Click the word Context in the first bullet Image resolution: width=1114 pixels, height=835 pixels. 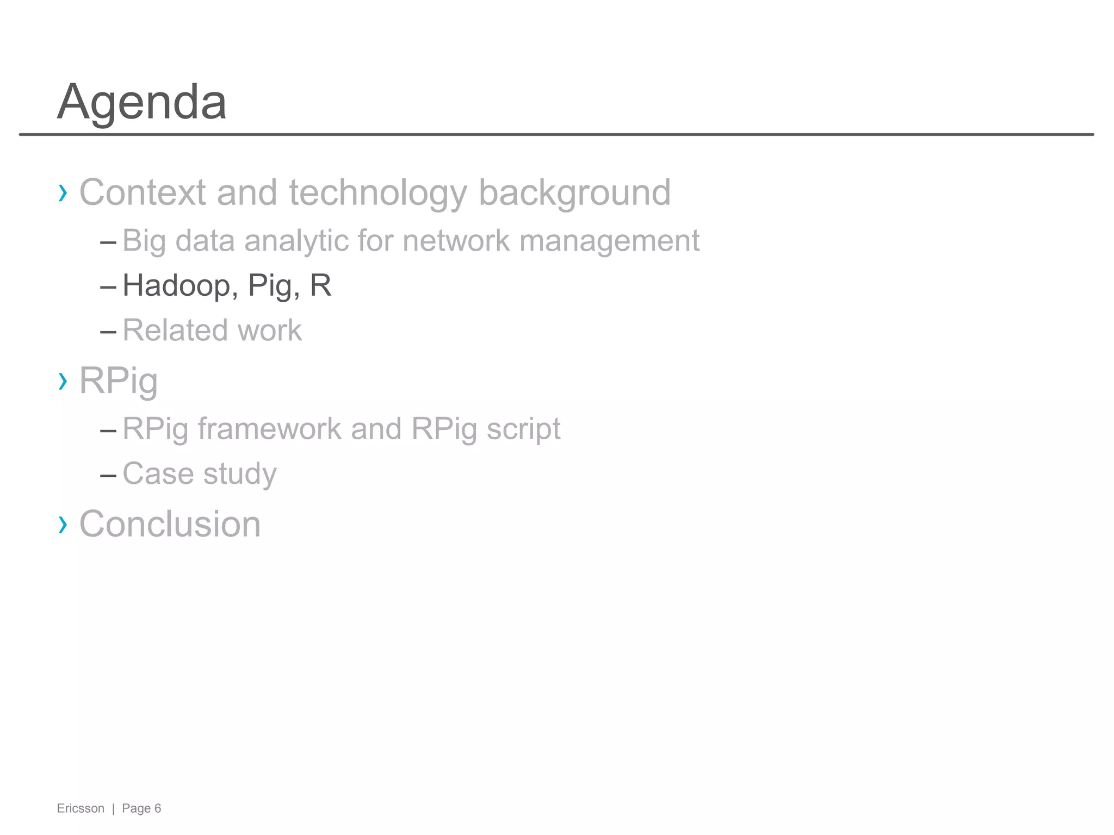(143, 192)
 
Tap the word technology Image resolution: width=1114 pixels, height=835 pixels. (377, 192)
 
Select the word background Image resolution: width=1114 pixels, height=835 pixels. (574, 192)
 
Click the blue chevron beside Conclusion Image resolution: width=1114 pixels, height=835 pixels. (63, 525)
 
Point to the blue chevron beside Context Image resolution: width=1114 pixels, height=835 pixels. (63, 192)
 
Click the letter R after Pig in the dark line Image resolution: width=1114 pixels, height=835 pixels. (320, 285)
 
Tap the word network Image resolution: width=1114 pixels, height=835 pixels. (456, 240)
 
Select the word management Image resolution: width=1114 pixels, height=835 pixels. (609, 240)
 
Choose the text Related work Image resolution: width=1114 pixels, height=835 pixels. (212, 330)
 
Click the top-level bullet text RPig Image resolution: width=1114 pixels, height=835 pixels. (119, 381)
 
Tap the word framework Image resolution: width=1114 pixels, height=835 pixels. (269, 429)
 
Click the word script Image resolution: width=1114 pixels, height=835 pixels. (523, 429)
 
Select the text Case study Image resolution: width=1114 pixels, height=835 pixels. (200, 473)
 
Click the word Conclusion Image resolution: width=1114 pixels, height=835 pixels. (170, 525)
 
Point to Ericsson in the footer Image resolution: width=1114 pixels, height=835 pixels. (81, 808)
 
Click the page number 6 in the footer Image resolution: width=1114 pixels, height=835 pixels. (158, 808)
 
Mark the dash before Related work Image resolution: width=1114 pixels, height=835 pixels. (108, 331)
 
